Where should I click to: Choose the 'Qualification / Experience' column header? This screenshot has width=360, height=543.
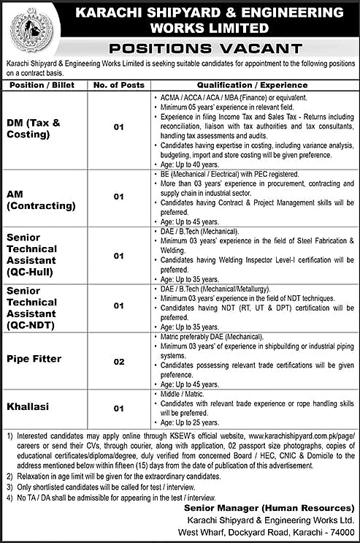coord(253,84)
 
